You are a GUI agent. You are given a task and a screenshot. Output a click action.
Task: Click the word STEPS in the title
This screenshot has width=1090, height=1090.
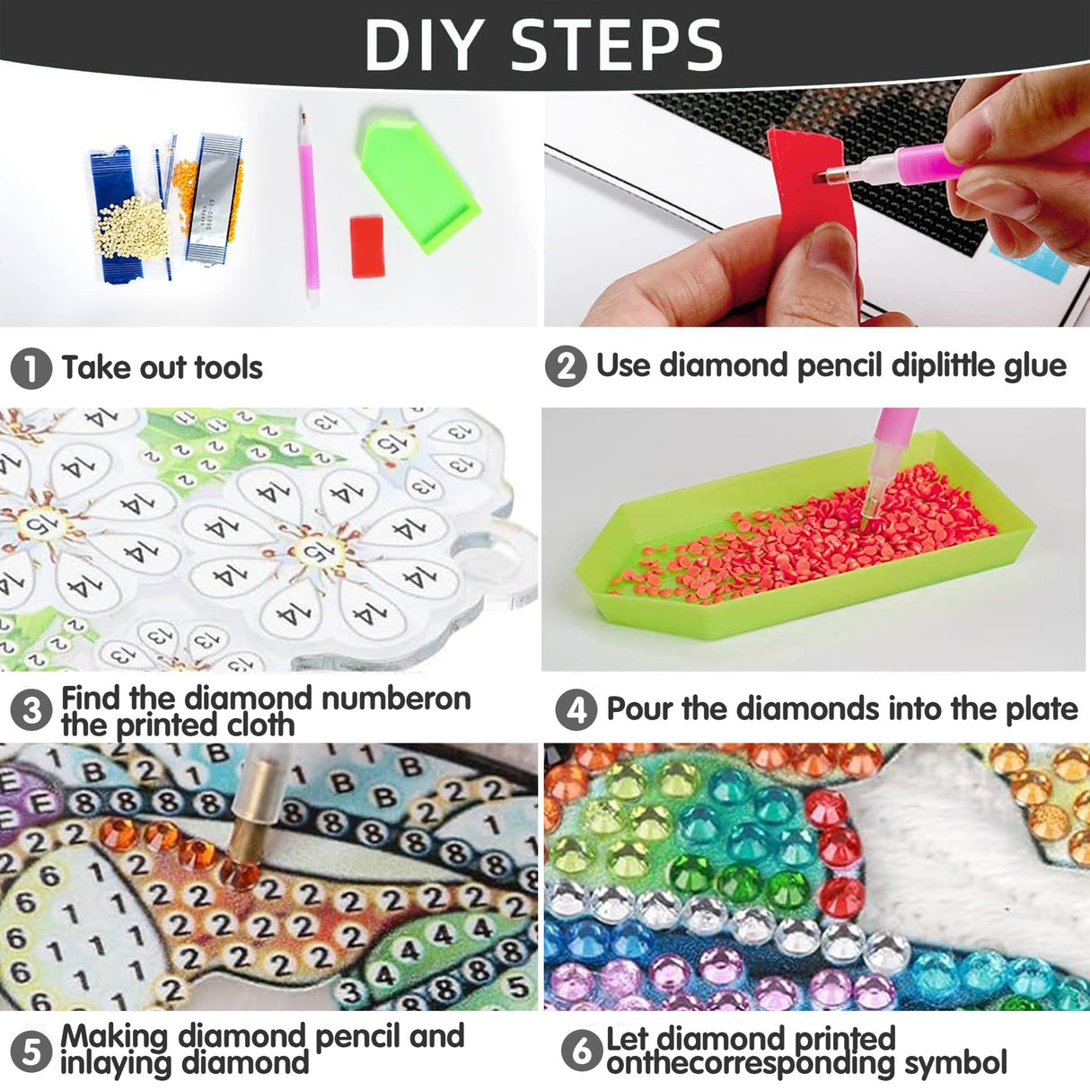tap(617, 44)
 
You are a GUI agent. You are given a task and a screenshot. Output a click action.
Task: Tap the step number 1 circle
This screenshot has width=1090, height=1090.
tap(31, 369)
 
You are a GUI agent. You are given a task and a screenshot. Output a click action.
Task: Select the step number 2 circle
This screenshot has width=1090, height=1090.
tap(566, 367)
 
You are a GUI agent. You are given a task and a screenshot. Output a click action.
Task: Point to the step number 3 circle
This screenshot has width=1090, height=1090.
tap(31, 711)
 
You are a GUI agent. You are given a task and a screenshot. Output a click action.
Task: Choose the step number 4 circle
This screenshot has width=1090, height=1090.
tap(576, 710)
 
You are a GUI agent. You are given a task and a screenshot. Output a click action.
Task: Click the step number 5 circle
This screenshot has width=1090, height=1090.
tap(31, 1050)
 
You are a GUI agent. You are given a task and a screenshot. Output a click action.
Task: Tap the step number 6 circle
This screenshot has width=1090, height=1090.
tap(581, 1050)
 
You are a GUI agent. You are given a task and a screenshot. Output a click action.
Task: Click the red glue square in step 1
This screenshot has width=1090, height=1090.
tap(368, 245)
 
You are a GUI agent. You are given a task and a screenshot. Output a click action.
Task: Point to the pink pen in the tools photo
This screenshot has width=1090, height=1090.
tap(308, 207)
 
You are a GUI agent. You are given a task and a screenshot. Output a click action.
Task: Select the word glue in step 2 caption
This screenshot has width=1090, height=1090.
tap(1034, 366)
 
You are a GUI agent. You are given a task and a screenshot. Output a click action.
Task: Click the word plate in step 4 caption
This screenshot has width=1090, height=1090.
tap(1042, 709)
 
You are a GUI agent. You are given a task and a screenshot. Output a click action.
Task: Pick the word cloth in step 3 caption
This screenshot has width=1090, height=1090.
tap(259, 725)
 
